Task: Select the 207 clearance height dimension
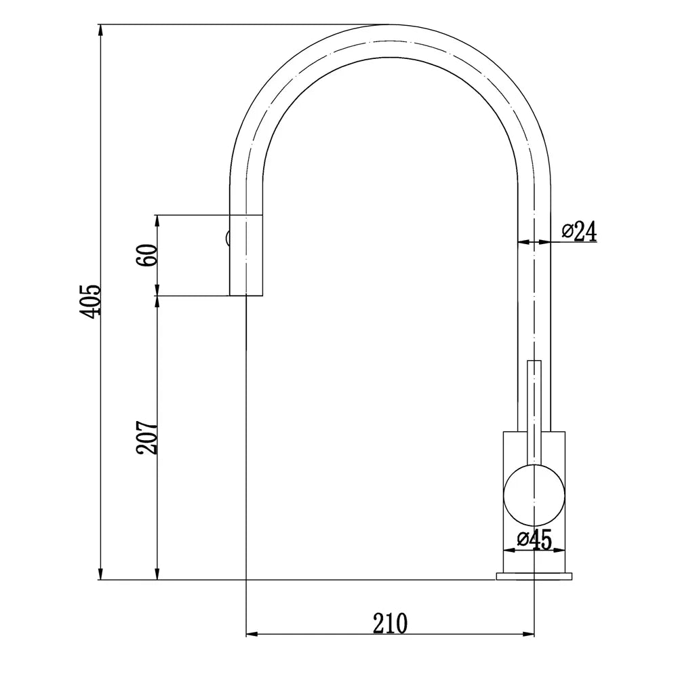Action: tap(148, 438)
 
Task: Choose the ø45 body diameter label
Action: tap(534, 540)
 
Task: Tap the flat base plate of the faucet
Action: tap(534, 576)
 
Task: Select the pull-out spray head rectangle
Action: tap(245, 256)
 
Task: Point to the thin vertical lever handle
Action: tap(534, 407)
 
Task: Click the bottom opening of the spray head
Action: tap(245, 296)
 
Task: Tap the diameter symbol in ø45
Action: tap(523, 540)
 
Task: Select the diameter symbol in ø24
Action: tap(568, 231)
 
